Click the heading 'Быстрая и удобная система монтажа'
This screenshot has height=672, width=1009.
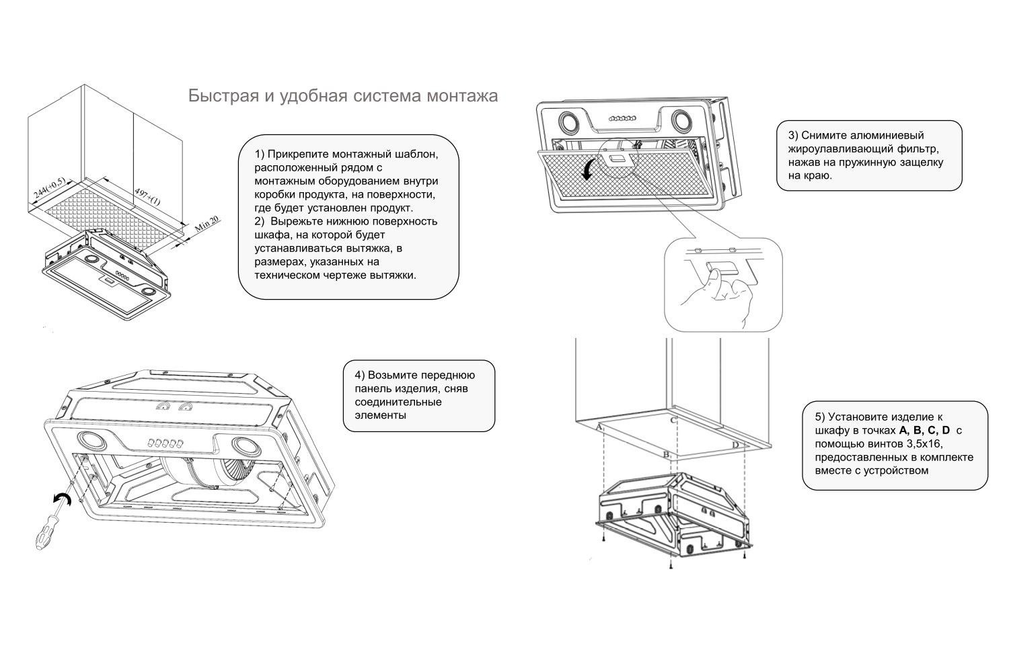(343, 96)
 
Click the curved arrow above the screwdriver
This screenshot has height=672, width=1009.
(63, 499)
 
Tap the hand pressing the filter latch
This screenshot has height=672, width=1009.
(723, 296)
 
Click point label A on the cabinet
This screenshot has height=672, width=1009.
(598, 427)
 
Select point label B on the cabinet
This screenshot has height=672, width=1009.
(665, 455)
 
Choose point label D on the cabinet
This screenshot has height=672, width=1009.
(735, 446)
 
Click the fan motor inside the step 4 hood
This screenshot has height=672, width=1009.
(202, 474)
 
